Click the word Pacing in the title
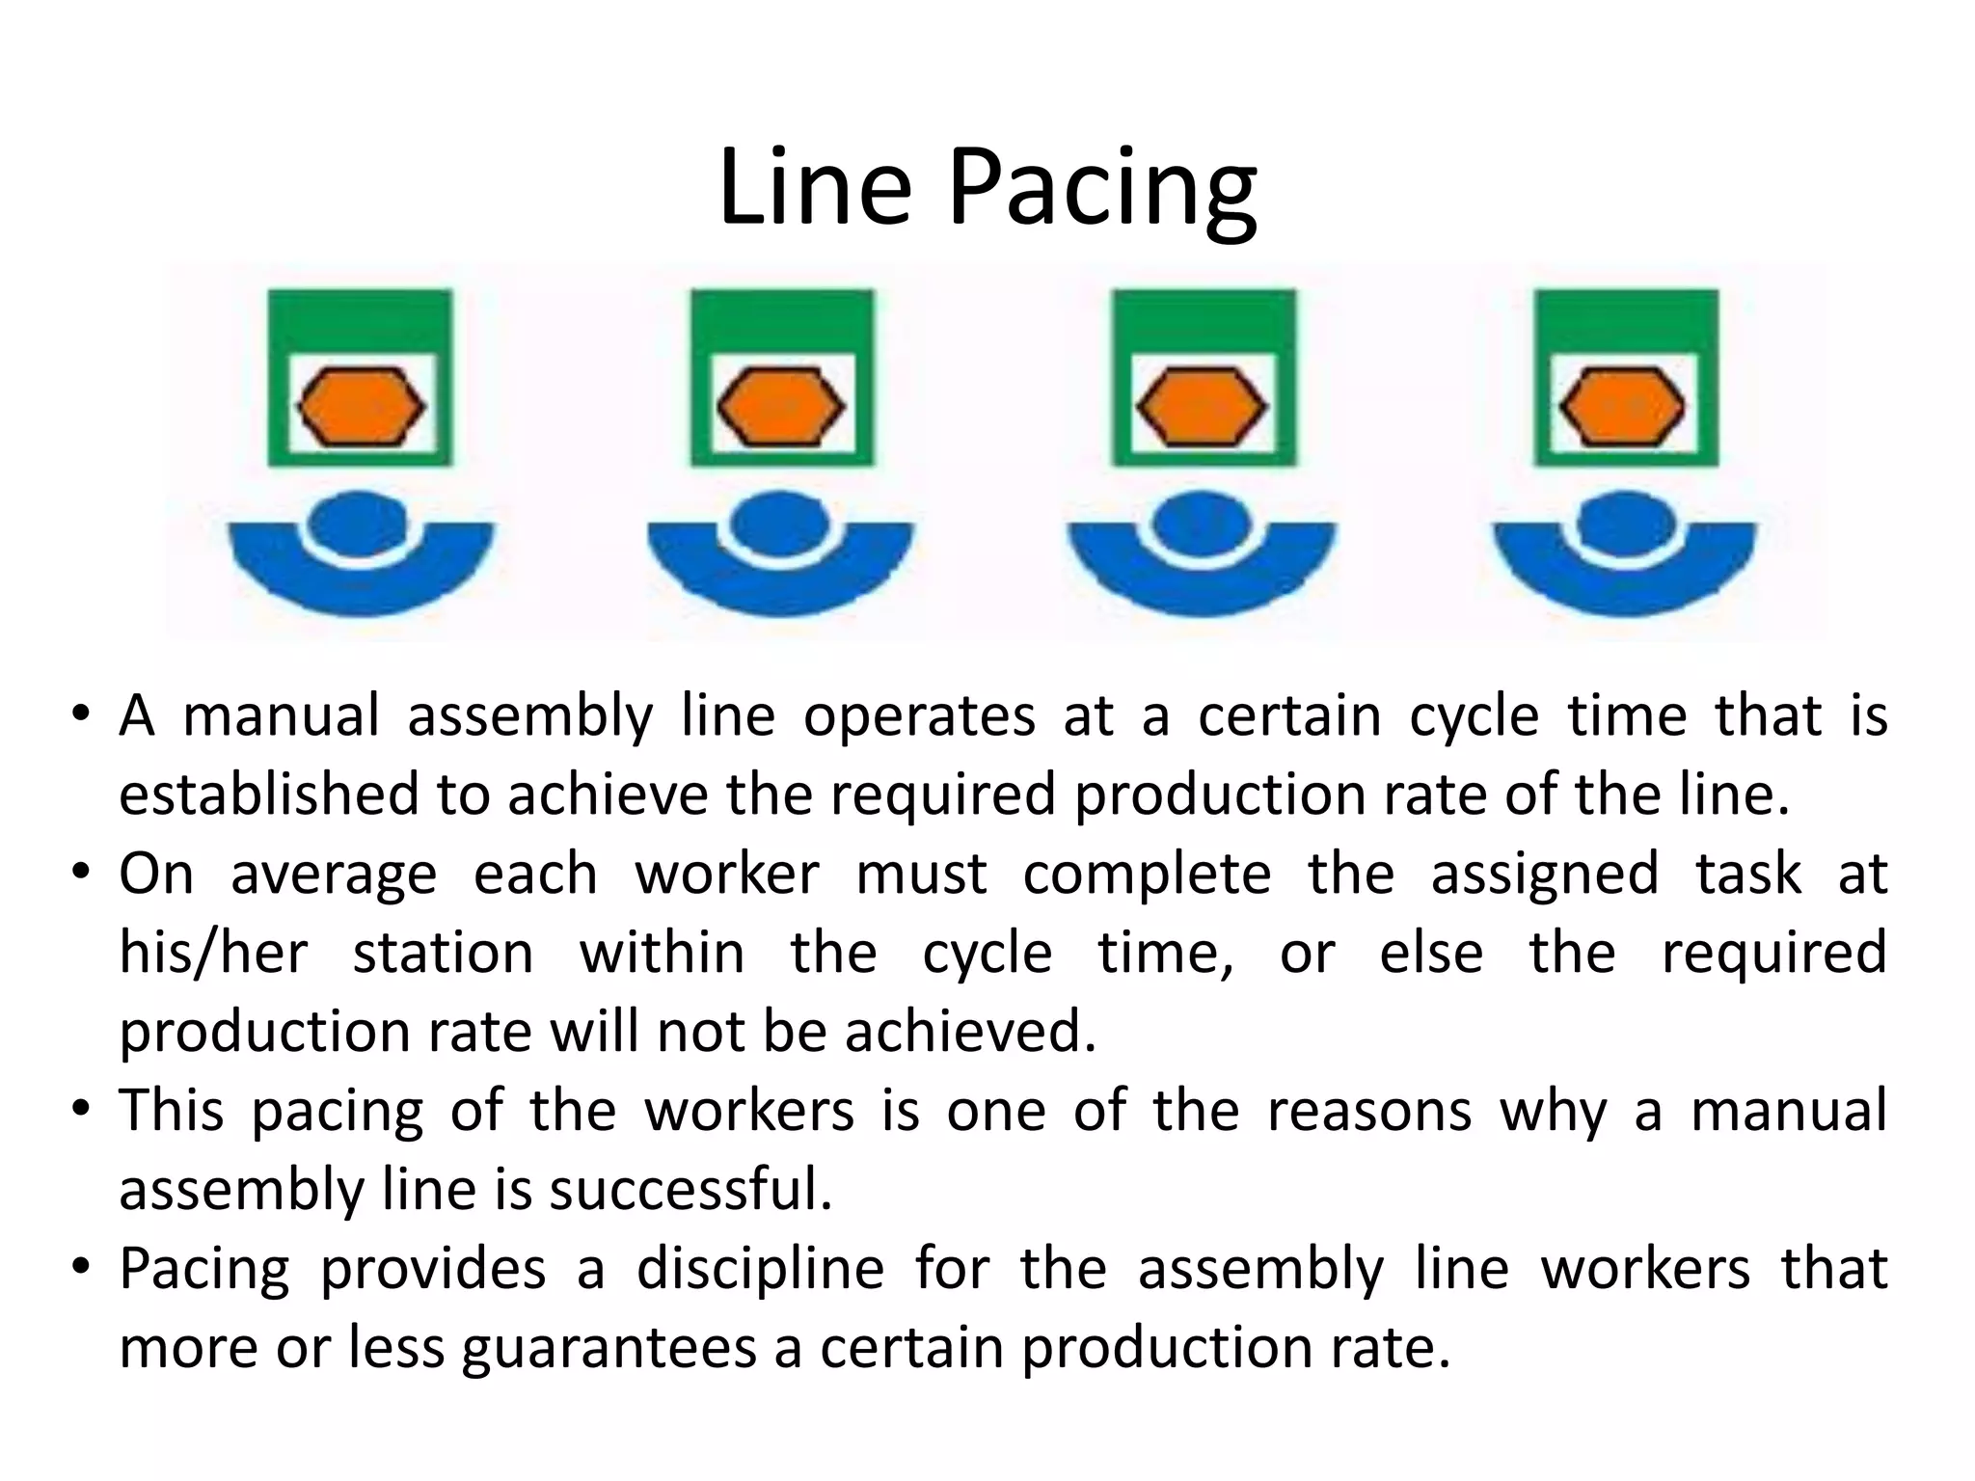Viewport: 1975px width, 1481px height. point(1103,190)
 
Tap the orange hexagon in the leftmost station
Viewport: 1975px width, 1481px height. point(361,408)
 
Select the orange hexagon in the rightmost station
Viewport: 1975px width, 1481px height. point(1624,408)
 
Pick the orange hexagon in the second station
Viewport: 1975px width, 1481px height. point(782,408)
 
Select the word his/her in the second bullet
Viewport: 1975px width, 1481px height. point(213,954)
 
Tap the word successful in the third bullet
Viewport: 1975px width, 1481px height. point(690,1190)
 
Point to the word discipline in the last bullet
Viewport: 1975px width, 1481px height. point(760,1269)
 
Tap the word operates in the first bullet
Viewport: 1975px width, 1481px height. point(919,716)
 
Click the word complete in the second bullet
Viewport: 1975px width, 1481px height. point(1148,875)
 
